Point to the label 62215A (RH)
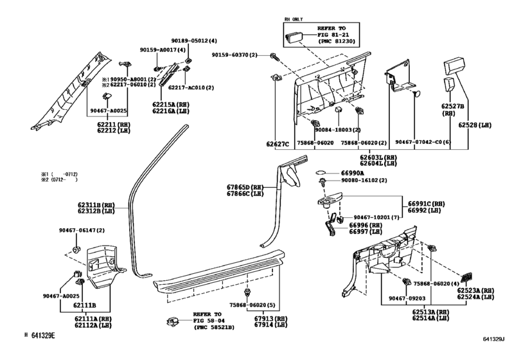(170, 104)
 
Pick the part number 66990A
(351, 173)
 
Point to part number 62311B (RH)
(96, 205)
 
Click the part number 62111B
(84, 305)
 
